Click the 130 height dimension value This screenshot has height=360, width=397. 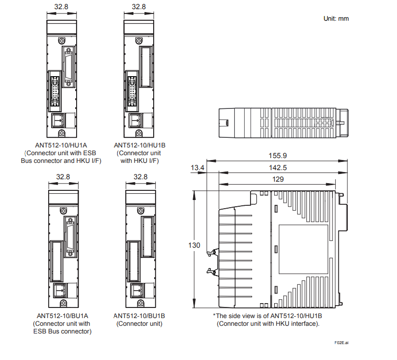pyautogui.click(x=194, y=245)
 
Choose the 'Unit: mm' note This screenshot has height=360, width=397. pyautogui.click(x=335, y=19)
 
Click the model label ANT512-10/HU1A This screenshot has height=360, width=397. pyautogui.click(x=61, y=145)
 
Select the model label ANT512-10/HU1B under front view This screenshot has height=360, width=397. pyautogui.click(x=140, y=145)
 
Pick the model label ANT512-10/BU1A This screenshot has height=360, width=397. pyautogui.click(x=62, y=316)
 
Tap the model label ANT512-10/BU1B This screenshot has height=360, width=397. pyautogui.click(x=139, y=316)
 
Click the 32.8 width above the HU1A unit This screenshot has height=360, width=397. pyautogui.click(x=61, y=7)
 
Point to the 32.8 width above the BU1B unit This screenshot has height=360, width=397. pyautogui.click(x=140, y=177)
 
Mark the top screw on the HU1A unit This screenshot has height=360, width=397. pyautogui.click(x=62, y=41)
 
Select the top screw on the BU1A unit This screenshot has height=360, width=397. pyautogui.click(x=63, y=211)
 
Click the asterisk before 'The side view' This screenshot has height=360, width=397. pyautogui.click(x=214, y=316)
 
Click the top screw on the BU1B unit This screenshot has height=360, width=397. pyautogui.click(x=141, y=211)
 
